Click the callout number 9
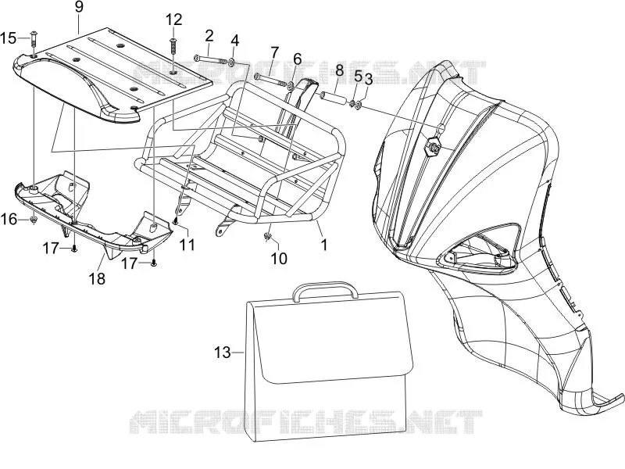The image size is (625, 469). coord(79,8)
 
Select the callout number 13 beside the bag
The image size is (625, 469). coord(223,353)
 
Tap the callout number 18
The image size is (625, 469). coord(97,279)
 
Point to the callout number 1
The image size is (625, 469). coord(324,245)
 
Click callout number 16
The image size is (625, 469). coord(9,219)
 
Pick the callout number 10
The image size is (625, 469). coord(279,259)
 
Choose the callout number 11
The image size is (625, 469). coord(187,245)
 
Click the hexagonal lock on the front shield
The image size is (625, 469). coord(433,146)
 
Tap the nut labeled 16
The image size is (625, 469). coord(34,220)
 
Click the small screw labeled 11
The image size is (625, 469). coord(175,220)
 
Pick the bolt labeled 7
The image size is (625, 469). coord(271,80)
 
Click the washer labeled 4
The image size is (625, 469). coord(231,62)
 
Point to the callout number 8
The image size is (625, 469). coord(339,70)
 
